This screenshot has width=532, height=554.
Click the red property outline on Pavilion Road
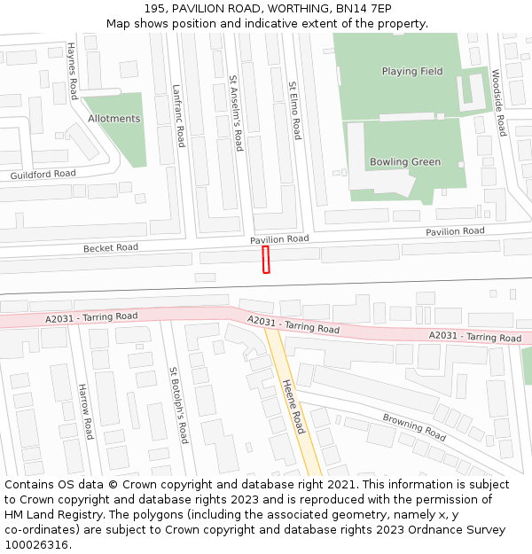[x=265, y=260]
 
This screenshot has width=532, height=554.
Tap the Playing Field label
[x=412, y=71]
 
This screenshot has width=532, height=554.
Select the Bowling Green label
[x=405, y=162]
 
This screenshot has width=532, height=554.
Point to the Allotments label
[x=113, y=119]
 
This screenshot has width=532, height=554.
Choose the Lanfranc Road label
[x=178, y=115]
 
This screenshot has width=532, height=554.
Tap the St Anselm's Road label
[x=236, y=113]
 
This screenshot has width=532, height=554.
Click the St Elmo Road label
[x=295, y=111]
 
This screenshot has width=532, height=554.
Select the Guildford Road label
[x=43, y=175]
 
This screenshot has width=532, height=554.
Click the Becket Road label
[x=111, y=248]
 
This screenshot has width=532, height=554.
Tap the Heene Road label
[x=293, y=406]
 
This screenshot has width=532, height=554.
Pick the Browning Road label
[x=414, y=427]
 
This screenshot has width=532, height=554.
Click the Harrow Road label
[x=85, y=410]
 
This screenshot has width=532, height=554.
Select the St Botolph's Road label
[x=177, y=405]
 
